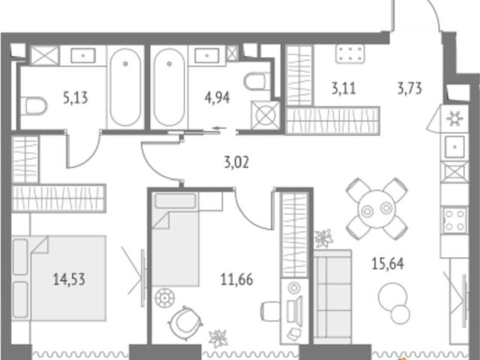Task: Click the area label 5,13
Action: point(75,98)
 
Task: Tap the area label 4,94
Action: point(217,98)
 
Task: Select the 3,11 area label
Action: point(343,88)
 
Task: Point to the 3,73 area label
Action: point(409,88)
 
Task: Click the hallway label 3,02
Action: point(236,162)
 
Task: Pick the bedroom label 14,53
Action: point(69,280)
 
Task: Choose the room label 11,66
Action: point(237,280)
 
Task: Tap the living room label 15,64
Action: point(388,263)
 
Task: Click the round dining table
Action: point(376,209)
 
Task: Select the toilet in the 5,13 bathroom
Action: point(34,106)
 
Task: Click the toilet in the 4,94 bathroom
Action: point(256,82)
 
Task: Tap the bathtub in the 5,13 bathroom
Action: point(125,87)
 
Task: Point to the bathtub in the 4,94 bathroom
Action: point(169,87)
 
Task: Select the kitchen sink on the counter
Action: point(454,147)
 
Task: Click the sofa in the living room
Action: point(333,296)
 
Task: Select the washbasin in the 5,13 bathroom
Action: point(83,55)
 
